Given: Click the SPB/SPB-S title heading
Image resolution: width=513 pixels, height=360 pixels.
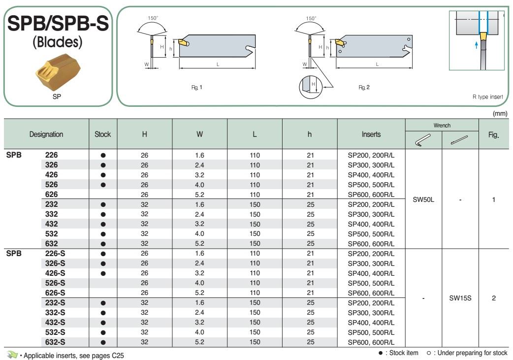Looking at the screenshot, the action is (58, 24).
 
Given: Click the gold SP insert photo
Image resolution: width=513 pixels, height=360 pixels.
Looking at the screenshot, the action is (58, 72).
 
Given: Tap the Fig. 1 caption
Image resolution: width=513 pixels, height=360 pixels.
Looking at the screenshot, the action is (196, 87).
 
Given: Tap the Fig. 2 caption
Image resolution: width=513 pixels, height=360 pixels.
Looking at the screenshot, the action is (364, 87).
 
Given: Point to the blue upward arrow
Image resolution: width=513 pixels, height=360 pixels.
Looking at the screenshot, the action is (477, 45).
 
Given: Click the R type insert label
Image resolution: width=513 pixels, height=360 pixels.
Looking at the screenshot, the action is (487, 97).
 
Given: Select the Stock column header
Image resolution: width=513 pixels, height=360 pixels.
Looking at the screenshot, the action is (103, 134).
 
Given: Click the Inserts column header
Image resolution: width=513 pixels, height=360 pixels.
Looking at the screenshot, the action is (371, 134).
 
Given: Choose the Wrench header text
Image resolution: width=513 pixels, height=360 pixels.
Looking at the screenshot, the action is (442, 126).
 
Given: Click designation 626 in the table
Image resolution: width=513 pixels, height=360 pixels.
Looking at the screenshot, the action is (51, 195).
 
